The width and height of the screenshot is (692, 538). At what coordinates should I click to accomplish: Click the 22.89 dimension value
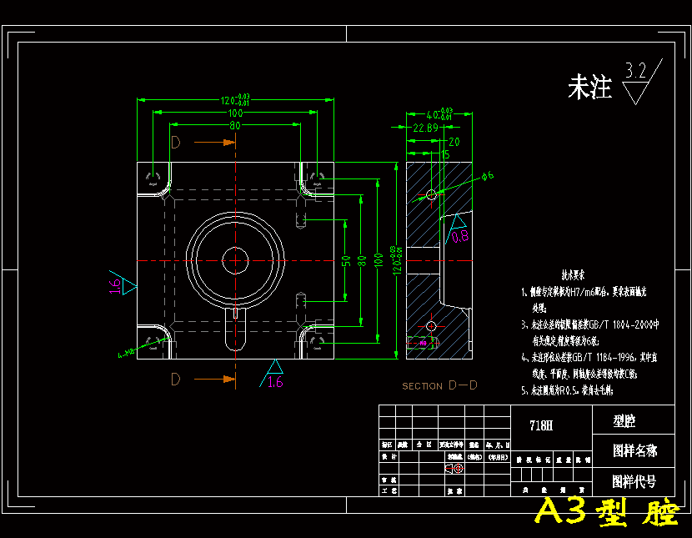point(425,128)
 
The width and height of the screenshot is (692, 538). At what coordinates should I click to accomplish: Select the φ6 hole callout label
point(488,175)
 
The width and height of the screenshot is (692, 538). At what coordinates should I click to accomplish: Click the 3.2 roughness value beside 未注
point(635,71)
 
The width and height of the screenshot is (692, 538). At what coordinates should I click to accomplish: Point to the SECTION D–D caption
point(439,385)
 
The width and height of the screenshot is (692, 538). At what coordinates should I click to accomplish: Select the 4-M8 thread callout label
point(126,354)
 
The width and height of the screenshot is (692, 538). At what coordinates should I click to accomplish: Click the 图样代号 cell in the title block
point(634,481)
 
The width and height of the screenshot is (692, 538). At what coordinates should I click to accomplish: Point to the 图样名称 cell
point(634,450)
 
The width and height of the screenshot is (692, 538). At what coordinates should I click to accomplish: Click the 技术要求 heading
point(573,274)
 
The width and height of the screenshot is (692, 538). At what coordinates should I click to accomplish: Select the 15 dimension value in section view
point(444,153)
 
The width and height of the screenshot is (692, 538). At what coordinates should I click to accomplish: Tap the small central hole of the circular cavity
point(235,260)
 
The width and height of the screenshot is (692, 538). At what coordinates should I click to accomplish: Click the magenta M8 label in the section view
point(424,343)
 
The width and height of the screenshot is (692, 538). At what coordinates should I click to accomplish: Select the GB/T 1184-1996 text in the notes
point(599,354)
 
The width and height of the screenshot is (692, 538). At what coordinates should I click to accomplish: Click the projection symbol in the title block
point(454,469)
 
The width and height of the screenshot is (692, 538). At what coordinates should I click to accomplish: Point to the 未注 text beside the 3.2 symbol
point(589,88)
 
